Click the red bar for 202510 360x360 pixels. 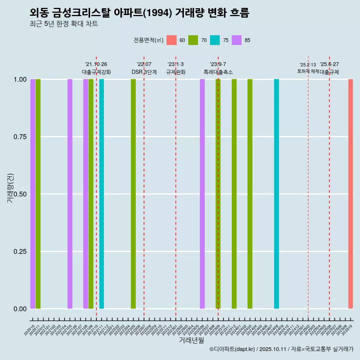tap(350, 194)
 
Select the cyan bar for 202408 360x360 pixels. tap(276, 194)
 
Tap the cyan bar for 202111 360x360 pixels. tap(102, 194)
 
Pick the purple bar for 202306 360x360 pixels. tap(202, 194)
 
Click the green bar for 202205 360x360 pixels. tap(133, 194)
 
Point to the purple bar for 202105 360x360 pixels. tap(70, 194)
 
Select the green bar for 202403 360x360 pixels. tap(250, 194)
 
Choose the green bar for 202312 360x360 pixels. tap(234, 194)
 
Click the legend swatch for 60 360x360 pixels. tap(171, 40)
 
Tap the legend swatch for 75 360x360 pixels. tap(215, 40)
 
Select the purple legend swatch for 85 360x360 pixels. tap(237, 40)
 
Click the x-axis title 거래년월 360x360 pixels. tap(191, 340)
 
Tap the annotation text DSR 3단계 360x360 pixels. tap(144, 72)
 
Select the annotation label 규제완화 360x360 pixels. tap(176, 72)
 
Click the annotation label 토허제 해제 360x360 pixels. tap(308, 71)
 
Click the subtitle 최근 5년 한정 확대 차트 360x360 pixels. tap(64, 24)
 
